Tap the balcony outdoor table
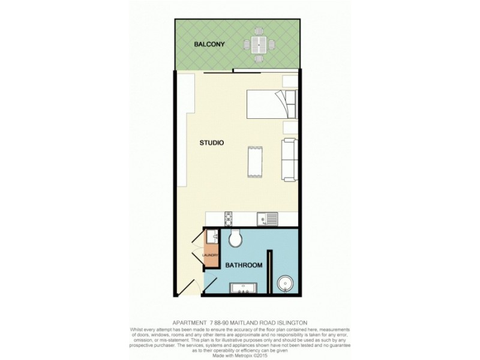click(x=259, y=44)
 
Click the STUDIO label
click(x=212, y=143)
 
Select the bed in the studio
click(x=269, y=104)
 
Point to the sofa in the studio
click(x=290, y=159)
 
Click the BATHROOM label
click(x=242, y=265)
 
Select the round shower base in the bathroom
click(x=286, y=284)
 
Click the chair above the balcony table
click(x=259, y=30)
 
